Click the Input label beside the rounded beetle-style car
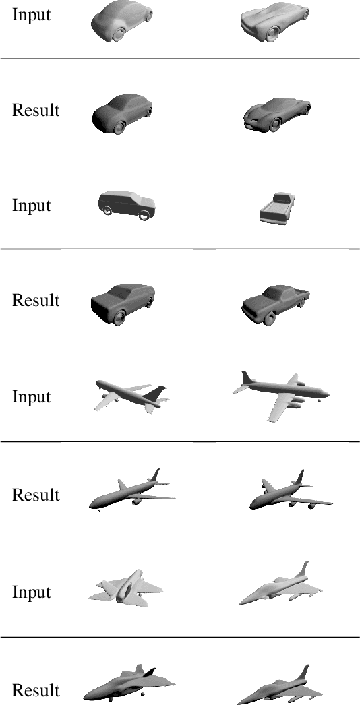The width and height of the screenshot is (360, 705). pos(32,14)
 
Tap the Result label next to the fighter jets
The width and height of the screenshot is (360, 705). pos(36,689)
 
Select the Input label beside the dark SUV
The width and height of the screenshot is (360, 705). pos(32,205)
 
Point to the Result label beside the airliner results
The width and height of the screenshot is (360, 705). pos(36,495)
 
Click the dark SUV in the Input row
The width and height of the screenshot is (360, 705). pos(127,205)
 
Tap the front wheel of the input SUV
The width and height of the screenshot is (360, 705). pos(144,216)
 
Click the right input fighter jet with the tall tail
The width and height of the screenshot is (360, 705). pos(280,584)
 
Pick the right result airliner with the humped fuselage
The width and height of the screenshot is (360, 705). pos(291,491)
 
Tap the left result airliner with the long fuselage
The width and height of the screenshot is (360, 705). pos(131,490)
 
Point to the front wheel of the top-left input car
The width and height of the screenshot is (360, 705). pos(119,34)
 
